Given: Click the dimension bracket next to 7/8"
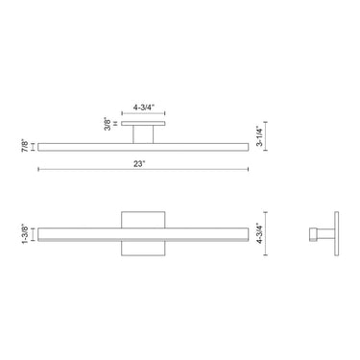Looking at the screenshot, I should coord(36,146).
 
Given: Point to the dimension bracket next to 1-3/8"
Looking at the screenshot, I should coord(36,232).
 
